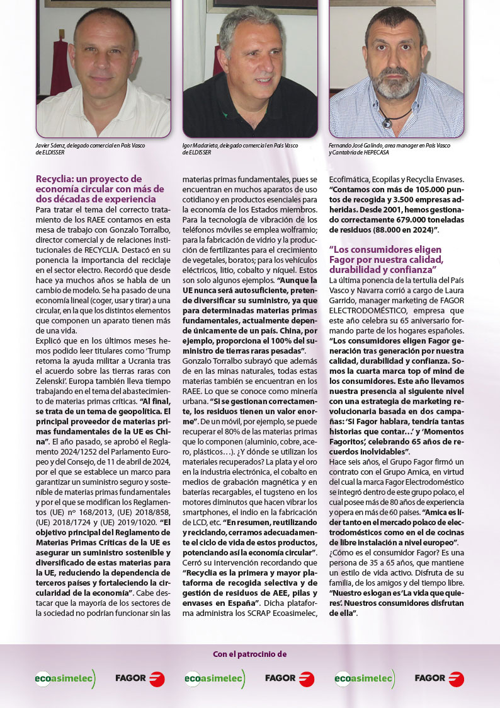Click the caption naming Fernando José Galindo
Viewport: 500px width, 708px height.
389,149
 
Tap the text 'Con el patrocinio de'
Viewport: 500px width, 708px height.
249,654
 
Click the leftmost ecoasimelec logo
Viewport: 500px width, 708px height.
65,679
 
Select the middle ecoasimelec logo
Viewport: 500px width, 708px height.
215,679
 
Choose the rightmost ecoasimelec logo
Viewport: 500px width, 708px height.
365,679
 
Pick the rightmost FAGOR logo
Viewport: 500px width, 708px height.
440,679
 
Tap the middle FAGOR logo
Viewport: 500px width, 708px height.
290,679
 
